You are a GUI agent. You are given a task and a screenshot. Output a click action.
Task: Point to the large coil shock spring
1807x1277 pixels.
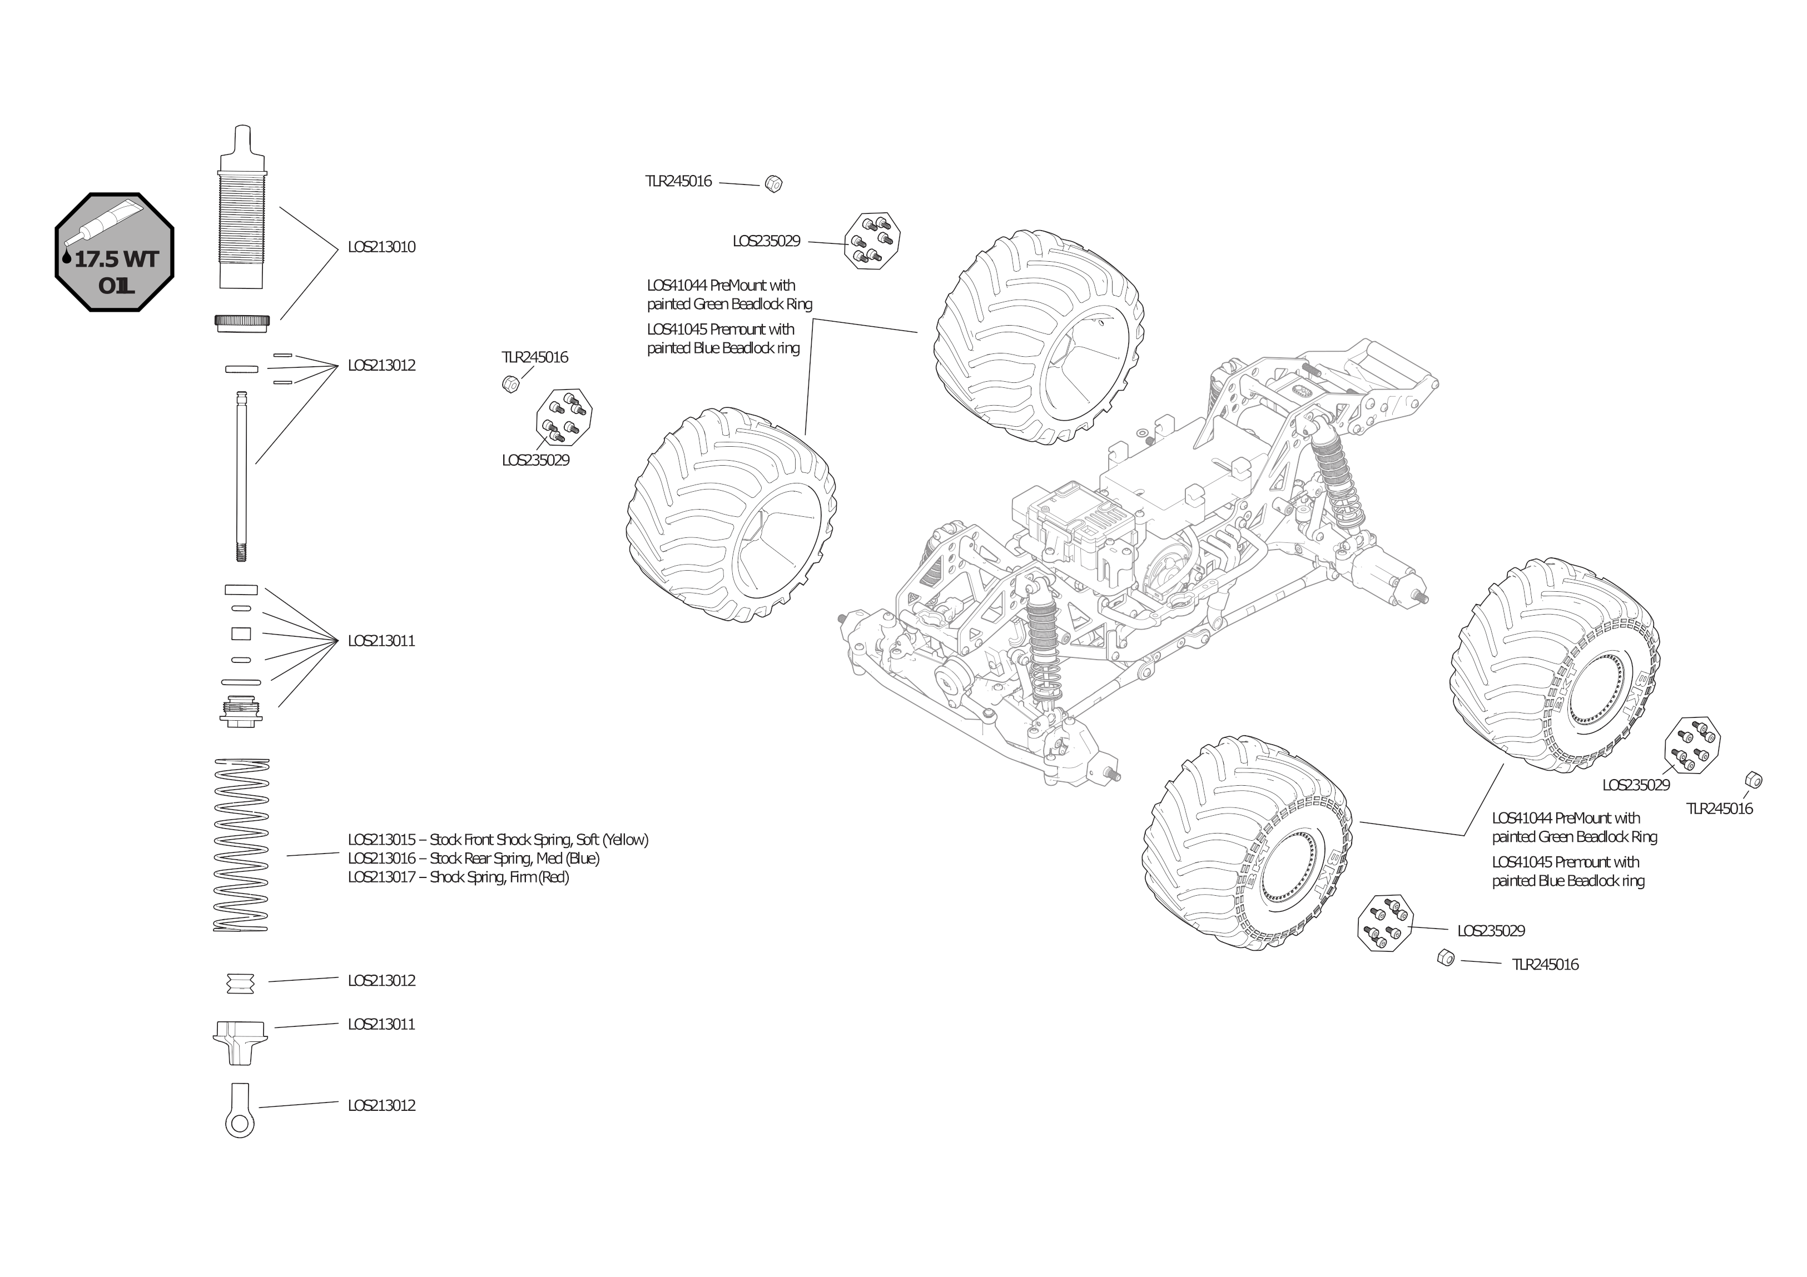pyautogui.click(x=241, y=844)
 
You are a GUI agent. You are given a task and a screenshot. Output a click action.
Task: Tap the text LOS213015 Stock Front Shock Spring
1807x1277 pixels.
pyautogui.click(x=498, y=840)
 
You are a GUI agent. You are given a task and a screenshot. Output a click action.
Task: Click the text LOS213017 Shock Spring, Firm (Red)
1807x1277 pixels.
pyautogui.click(x=458, y=877)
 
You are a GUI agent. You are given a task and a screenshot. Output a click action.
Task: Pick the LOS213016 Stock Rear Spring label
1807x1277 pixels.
pyautogui.click(x=473, y=859)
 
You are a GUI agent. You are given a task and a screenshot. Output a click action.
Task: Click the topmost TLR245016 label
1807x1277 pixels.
pyautogui.click(x=678, y=182)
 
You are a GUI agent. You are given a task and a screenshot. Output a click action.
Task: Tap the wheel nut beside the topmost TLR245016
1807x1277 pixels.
pyautogui.click(x=773, y=183)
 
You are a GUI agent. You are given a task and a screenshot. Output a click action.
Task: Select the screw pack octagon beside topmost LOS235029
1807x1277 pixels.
pyautogui.click(x=872, y=241)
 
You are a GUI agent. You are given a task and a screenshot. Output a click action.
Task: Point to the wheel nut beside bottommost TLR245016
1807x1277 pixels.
pyautogui.click(x=1446, y=957)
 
